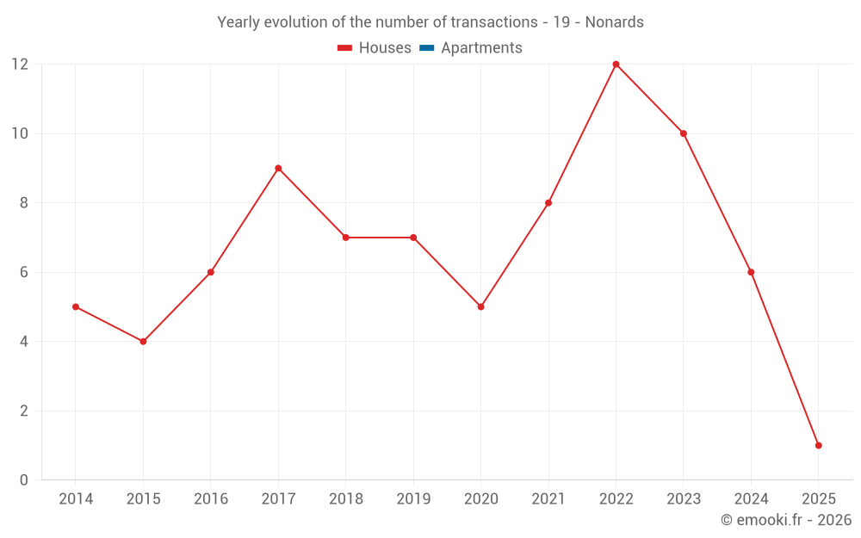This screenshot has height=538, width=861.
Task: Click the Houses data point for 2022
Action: (616, 65)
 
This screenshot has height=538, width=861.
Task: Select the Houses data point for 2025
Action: (818, 445)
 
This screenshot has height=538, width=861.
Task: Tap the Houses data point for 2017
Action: (278, 168)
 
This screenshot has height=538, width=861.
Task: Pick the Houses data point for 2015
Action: (143, 342)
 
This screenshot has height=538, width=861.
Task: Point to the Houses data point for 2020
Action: (480, 306)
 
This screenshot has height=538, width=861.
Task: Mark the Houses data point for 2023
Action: (683, 133)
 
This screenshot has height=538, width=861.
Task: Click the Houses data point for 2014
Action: (76, 306)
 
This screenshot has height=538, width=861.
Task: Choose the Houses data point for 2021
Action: (548, 203)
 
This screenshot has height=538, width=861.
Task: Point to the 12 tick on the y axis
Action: (20, 65)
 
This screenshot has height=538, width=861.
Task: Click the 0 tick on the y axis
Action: (24, 479)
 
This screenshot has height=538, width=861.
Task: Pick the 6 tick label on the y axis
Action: (24, 272)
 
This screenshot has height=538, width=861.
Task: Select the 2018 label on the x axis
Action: (345, 499)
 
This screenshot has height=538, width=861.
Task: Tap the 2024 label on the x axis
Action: (751, 499)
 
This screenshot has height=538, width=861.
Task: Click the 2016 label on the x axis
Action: (210, 499)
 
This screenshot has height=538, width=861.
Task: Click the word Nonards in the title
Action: (614, 22)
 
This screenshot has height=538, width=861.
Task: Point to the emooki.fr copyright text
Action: (786, 520)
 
